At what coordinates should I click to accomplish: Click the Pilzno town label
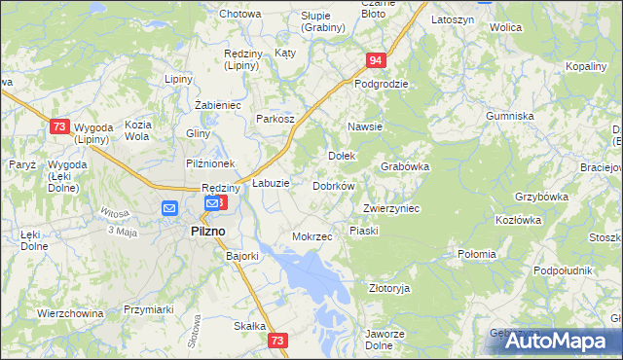(x=203, y=231)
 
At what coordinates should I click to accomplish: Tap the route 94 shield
(x=377, y=61)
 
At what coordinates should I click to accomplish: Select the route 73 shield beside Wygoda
(x=60, y=127)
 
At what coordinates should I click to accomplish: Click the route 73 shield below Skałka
(x=278, y=341)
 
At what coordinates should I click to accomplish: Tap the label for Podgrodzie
(x=381, y=84)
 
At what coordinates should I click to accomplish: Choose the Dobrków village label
(x=334, y=185)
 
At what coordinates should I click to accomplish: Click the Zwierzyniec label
(x=391, y=208)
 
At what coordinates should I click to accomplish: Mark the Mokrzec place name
(x=312, y=236)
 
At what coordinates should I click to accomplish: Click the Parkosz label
(x=275, y=118)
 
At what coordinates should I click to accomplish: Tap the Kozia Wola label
(x=137, y=130)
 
